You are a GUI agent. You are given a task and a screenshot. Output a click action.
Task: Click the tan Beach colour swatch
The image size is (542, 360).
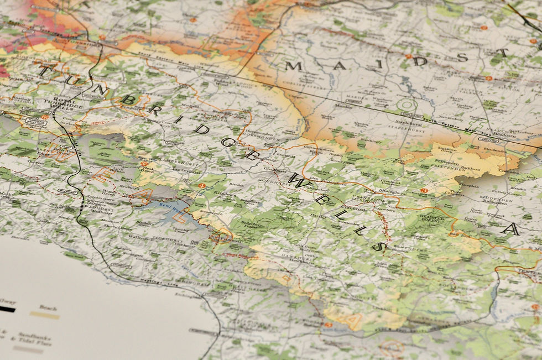pos(44,315)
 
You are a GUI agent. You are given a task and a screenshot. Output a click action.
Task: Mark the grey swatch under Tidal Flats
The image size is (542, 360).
pos(28,349)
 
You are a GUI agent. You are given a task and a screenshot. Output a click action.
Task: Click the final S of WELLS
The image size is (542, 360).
pos(378,246)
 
